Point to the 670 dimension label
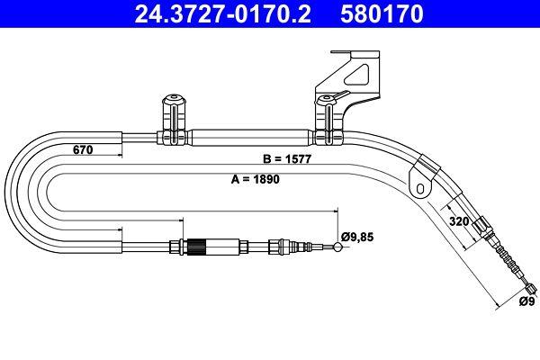83,150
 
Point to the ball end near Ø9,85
337,248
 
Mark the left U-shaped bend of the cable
27,190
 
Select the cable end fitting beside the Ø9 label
527,289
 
